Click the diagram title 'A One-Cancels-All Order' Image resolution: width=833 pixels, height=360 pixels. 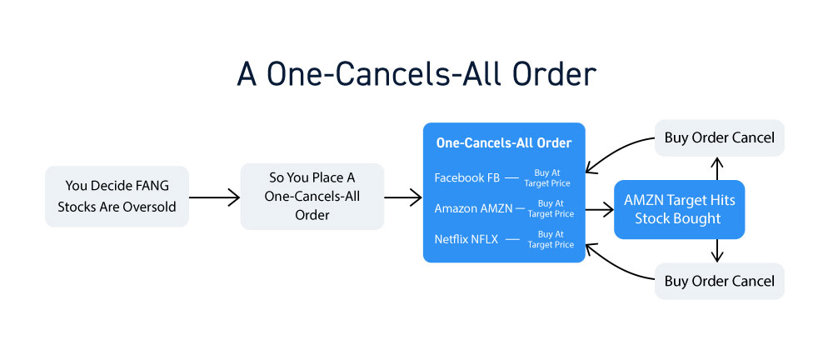pos(416,75)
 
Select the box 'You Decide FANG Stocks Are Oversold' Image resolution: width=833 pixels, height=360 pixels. pos(117,196)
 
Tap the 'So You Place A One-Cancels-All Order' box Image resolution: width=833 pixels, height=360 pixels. pos(312,196)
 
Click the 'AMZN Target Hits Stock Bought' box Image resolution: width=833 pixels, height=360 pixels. pos(680,209)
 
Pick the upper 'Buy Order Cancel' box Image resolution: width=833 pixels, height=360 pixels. pos(720,137)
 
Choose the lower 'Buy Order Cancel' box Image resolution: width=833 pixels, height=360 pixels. pos(720,281)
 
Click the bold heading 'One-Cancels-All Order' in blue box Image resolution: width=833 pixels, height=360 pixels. pos(504,143)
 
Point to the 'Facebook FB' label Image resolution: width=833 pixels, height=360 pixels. pos(467,177)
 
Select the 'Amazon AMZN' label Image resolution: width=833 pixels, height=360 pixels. pos(473,208)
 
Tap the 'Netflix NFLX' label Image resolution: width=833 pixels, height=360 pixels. pos(466,239)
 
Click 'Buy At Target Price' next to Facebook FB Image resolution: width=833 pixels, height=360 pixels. pos(547,178)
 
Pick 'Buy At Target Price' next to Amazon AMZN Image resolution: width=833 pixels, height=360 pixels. pos(551,208)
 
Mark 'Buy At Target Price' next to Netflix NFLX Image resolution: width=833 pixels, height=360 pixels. pos(551,239)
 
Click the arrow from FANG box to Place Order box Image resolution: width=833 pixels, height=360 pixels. pos(215,197)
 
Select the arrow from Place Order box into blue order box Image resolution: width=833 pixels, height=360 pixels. pos(402,197)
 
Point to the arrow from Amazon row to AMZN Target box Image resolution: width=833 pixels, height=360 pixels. pos(599,209)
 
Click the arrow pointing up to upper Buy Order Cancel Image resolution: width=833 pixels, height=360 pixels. pos(717,168)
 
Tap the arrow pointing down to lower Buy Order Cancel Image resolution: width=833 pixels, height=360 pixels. pos(717,251)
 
